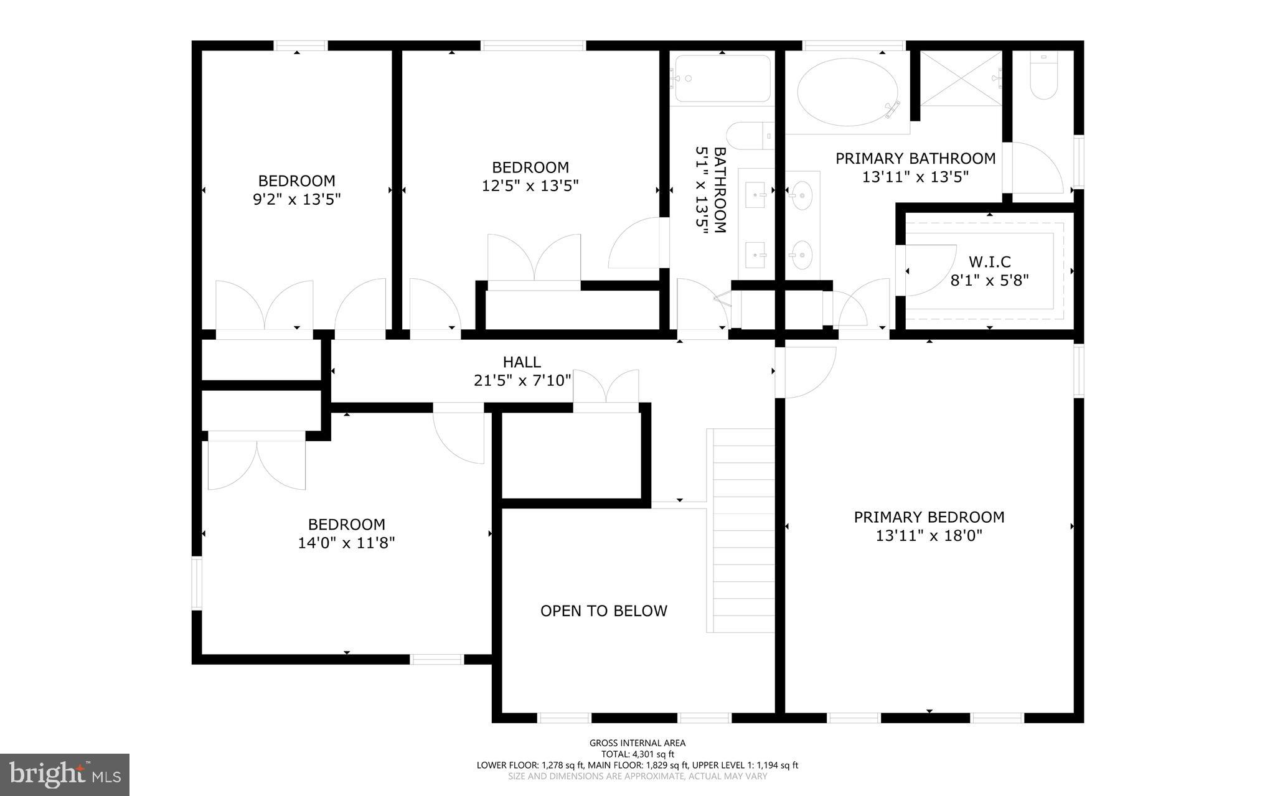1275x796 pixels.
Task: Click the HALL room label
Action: pos(522,362)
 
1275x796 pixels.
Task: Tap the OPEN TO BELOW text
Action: pos(603,611)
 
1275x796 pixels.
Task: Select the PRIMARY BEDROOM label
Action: pos(929,517)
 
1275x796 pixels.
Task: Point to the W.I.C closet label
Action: pos(989,262)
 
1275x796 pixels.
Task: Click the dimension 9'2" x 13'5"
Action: pos(296,199)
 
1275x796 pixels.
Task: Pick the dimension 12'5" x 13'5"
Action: pos(530,185)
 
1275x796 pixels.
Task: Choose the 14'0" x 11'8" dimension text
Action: pos(346,543)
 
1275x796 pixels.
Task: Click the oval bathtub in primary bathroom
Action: pos(848,93)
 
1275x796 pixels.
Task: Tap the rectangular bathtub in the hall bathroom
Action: pos(722,78)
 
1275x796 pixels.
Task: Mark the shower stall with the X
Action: pos(961,78)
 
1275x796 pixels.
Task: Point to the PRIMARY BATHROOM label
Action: pos(915,159)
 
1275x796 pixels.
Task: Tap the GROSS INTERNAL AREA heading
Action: pos(637,743)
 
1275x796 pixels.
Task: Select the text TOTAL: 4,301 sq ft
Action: pos(637,754)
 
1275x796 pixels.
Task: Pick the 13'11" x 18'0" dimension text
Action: pos(929,535)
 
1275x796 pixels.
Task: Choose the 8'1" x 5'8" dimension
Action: pos(989,280)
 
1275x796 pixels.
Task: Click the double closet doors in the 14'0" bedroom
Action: pos(256,464)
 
